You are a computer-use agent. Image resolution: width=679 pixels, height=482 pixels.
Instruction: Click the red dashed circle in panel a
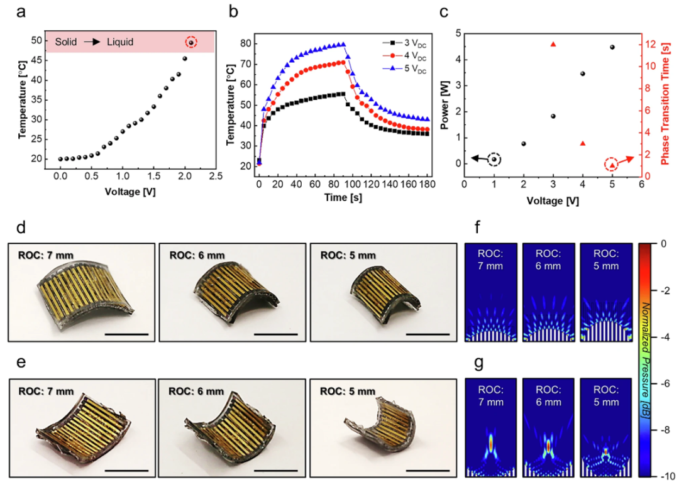(x=191, y=42)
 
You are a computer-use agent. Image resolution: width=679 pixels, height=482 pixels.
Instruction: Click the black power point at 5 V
(x=612, y=47)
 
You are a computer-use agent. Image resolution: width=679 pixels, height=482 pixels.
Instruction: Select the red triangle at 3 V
(x=553, y=44)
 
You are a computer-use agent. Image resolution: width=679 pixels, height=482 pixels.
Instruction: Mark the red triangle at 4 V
(x=583, y=143)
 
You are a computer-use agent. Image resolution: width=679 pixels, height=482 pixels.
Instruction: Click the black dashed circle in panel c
(x=494, y=159)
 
